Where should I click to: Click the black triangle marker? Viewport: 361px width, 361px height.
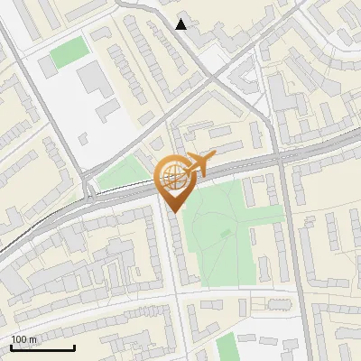coord(181,24)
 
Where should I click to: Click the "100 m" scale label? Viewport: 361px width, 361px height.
coord(24,339)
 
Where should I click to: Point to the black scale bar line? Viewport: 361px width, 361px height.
coord(42,347)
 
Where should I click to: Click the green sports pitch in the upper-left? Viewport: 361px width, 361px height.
coord(69,53)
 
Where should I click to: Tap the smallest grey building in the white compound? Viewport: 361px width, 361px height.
coord(83,138)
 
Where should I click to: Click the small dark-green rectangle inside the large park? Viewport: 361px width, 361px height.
coord(226,234)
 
